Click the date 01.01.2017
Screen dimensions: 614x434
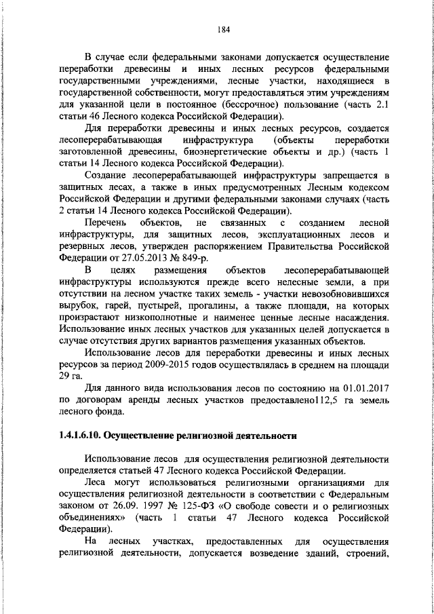pyautogui.click(x=363, y=388)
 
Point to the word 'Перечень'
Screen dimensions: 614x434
pyautogui.click(x=103, y=223)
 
